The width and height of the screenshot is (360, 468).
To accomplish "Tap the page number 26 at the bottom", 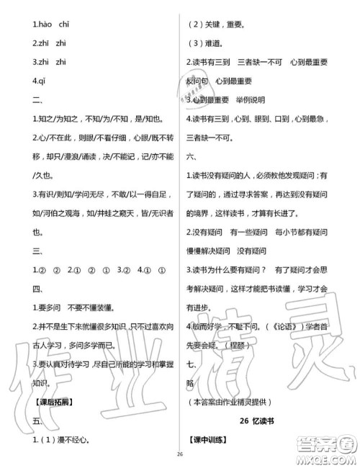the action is pos(179,454).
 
